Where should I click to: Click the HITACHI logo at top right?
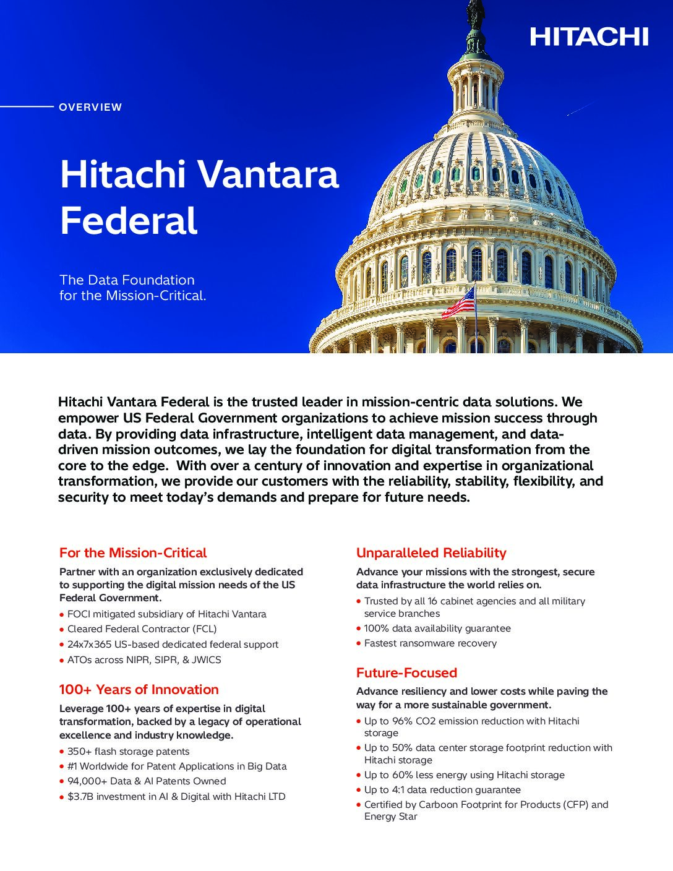tap(588, 37)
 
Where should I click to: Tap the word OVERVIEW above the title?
tap(90, 107)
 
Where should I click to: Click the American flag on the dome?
tap(459, 302)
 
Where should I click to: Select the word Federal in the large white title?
tap(129, 221)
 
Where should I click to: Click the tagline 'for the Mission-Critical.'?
tap(132, 296)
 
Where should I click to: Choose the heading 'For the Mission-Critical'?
tap(133, 553)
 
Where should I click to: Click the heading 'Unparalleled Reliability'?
tap(431, 553)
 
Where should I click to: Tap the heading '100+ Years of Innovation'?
tap(139, 690)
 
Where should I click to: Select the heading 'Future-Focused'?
tap(406, 673)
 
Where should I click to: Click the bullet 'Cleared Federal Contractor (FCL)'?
tap(142, 629)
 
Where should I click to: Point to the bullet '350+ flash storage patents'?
tap(128, 752)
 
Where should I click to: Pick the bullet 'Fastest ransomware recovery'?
tap(430, 643)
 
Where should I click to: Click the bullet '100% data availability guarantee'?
tap(437, 629)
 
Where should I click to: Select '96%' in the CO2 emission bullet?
tap(402, 721)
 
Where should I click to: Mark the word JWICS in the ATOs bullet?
tap(206, 660)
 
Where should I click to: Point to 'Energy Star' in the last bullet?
tap(390, 817)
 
